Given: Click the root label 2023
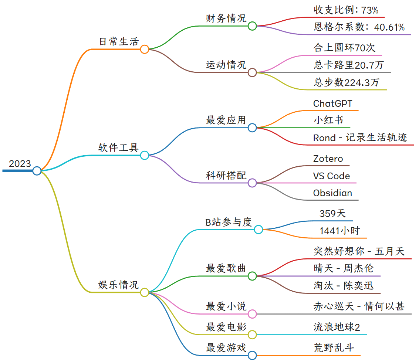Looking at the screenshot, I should click(x=20, y=164).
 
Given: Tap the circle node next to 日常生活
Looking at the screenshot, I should click(x=145, y=49).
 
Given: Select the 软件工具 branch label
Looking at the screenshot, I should click(x=118, y=148).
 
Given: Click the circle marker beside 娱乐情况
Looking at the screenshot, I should click(x=145, y=292).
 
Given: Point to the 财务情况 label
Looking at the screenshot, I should click(x=226, y=18).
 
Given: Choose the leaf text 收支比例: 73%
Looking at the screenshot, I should click(x=346, y=10).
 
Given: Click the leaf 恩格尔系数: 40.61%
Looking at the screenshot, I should click(x=359, y=27).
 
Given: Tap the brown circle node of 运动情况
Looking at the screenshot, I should click(x=252, y=72).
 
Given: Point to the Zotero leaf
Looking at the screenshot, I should click(x=328, y=159).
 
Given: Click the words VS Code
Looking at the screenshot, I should click(x=331, y=176).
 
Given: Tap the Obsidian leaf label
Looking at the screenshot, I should click(x=332, y=193).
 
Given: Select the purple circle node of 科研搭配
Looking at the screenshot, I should click(x=252, y=183).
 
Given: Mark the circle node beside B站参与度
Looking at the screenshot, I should click(x=259, y=230).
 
